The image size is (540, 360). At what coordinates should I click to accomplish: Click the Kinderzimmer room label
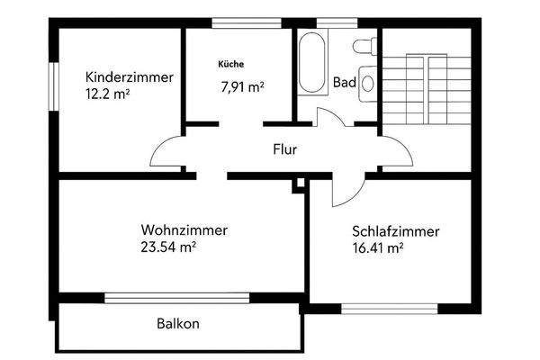(x=129, y=76)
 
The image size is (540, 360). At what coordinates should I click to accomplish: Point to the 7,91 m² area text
(x=242, y=87)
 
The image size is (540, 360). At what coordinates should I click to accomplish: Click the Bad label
(x=344, y=82)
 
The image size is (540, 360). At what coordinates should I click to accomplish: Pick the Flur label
(x=284, y=149)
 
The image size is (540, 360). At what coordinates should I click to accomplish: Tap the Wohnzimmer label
(x=184, y=229)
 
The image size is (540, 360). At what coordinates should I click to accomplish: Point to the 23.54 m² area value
(x=168, y=246)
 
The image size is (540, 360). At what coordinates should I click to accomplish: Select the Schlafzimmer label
(x=396, y=231)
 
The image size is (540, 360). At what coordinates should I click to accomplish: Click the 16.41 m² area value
(x=377, y=247)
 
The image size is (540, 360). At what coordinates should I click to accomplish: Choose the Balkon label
(x=177, y=323)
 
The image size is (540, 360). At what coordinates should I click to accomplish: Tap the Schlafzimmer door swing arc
(x=345, y=190)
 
